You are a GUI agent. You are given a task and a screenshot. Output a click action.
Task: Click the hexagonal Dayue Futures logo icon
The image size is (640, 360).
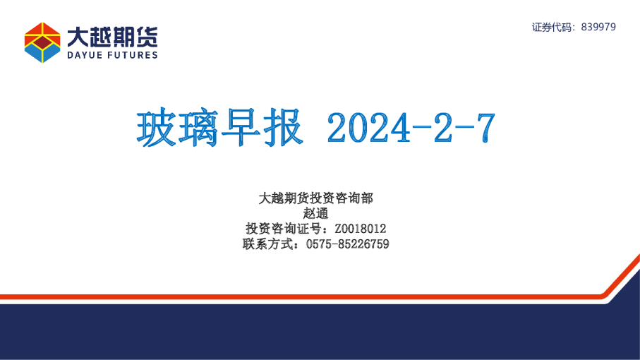42,42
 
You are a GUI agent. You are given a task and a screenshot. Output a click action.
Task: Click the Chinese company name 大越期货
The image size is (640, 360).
112,35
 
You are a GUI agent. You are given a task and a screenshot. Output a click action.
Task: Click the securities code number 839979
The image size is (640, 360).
598,27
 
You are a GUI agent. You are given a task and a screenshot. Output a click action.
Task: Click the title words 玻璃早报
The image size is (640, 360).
219,128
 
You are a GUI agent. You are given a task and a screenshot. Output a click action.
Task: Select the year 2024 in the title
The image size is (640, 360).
367,128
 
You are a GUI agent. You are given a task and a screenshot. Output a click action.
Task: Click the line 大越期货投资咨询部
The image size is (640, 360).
315,198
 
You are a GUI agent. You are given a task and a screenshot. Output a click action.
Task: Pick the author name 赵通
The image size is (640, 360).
315,213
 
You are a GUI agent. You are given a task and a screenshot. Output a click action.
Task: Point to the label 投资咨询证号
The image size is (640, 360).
284,229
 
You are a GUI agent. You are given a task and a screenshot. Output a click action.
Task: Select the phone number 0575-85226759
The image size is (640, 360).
348,244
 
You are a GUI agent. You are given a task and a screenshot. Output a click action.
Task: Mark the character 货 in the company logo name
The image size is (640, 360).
147,35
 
